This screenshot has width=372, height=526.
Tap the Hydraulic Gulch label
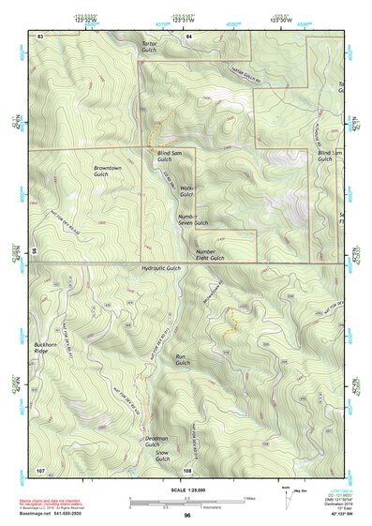tap(160, 268)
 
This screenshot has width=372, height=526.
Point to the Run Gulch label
tap(183, 359)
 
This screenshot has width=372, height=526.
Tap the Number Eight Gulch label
tap(212, 255)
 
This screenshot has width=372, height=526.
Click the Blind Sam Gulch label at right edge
tap(324, 156)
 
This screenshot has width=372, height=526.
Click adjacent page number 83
tap(40, 35)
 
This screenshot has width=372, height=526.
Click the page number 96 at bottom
tap(187, 515)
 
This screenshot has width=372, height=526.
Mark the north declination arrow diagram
tap(286, 493)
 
